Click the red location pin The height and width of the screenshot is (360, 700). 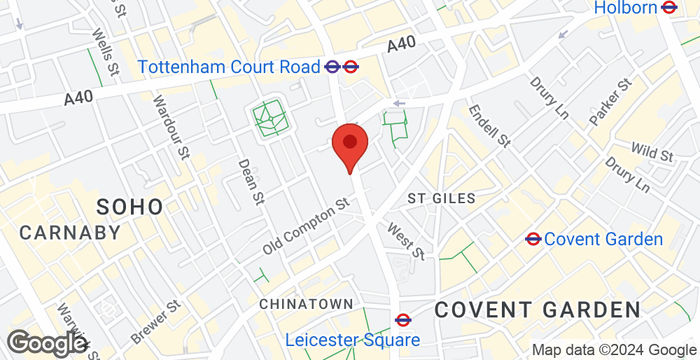coord(349,146)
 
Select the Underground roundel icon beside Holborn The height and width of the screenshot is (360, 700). coord(674,8)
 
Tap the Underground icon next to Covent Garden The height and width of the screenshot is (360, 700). coord(533,239)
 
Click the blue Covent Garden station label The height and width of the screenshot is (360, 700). coord(605,239)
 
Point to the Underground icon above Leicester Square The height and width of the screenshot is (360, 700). coord(403,320)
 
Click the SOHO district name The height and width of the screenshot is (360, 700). coord(129,207)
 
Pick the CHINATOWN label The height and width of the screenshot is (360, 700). coord(306,303)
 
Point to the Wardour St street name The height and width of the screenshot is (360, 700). coord(170,126)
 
